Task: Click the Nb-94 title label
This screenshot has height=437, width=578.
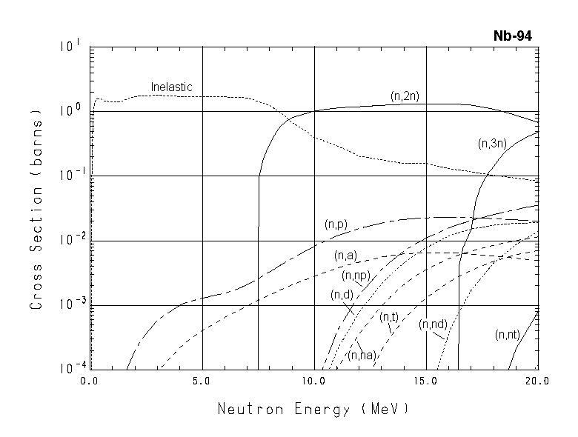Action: [x=512, y=36]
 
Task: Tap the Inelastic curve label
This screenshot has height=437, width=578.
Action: [x=171, y=87]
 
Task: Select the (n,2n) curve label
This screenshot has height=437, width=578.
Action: [x=406, y=96]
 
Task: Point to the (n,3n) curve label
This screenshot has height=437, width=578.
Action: [x=492, y=144]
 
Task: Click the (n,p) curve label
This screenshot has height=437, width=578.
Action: [x=336, y=224]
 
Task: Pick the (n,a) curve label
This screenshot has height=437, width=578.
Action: [x=345, y=256]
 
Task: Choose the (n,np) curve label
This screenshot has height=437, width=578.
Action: [x=356, y=276]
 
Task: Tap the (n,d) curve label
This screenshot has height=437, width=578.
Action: [x=342, y=295]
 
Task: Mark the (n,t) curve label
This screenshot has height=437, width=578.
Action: [x=389, y=317]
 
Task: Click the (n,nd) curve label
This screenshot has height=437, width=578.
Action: [x=432, y=324]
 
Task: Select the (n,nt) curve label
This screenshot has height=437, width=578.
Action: [x=508, y=335]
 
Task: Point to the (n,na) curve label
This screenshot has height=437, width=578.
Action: [x=363, y=356]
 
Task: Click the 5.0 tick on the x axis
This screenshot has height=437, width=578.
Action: [x=202, y=382]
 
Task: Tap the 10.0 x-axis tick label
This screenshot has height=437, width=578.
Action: [x=314, y=382]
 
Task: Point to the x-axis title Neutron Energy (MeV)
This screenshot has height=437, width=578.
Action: [x=313, y=409]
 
